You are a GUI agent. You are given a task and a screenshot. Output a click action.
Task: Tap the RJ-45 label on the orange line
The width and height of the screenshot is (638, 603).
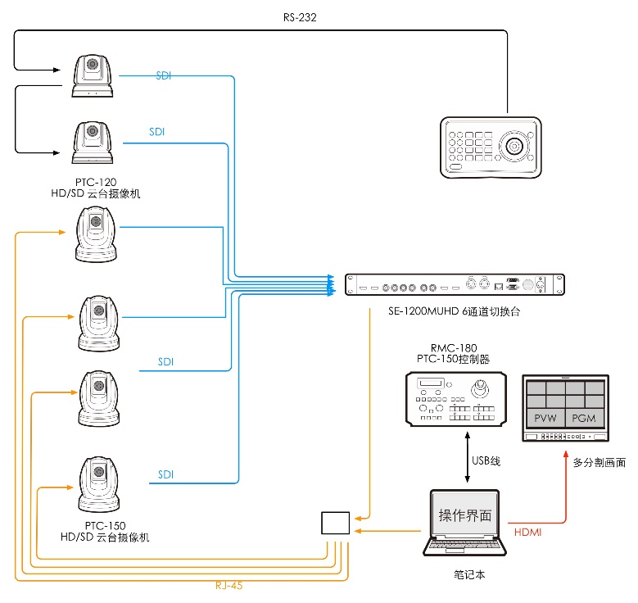coord(229,585)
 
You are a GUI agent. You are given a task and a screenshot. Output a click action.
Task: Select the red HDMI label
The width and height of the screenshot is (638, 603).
coord(527,533)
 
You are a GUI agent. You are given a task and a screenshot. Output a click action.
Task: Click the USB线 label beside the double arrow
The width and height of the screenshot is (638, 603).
coord(486,461)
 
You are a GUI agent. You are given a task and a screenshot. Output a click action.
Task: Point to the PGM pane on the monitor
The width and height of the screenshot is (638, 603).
coord(584,419)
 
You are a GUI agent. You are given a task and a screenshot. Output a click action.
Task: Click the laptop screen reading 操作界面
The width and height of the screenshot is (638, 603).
coord(465,515)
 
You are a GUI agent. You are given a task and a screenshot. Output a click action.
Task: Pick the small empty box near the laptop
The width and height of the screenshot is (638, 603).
coord(335,523)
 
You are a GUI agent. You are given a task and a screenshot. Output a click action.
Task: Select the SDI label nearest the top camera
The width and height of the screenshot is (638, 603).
coord(165,76)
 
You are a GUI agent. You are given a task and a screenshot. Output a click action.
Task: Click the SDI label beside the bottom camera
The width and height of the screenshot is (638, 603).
coord(166,474)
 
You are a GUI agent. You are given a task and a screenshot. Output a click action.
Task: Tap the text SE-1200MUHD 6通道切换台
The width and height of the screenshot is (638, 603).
coord(455,313)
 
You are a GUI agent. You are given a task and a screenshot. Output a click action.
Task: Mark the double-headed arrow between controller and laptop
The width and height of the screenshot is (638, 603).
coord(468,460)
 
